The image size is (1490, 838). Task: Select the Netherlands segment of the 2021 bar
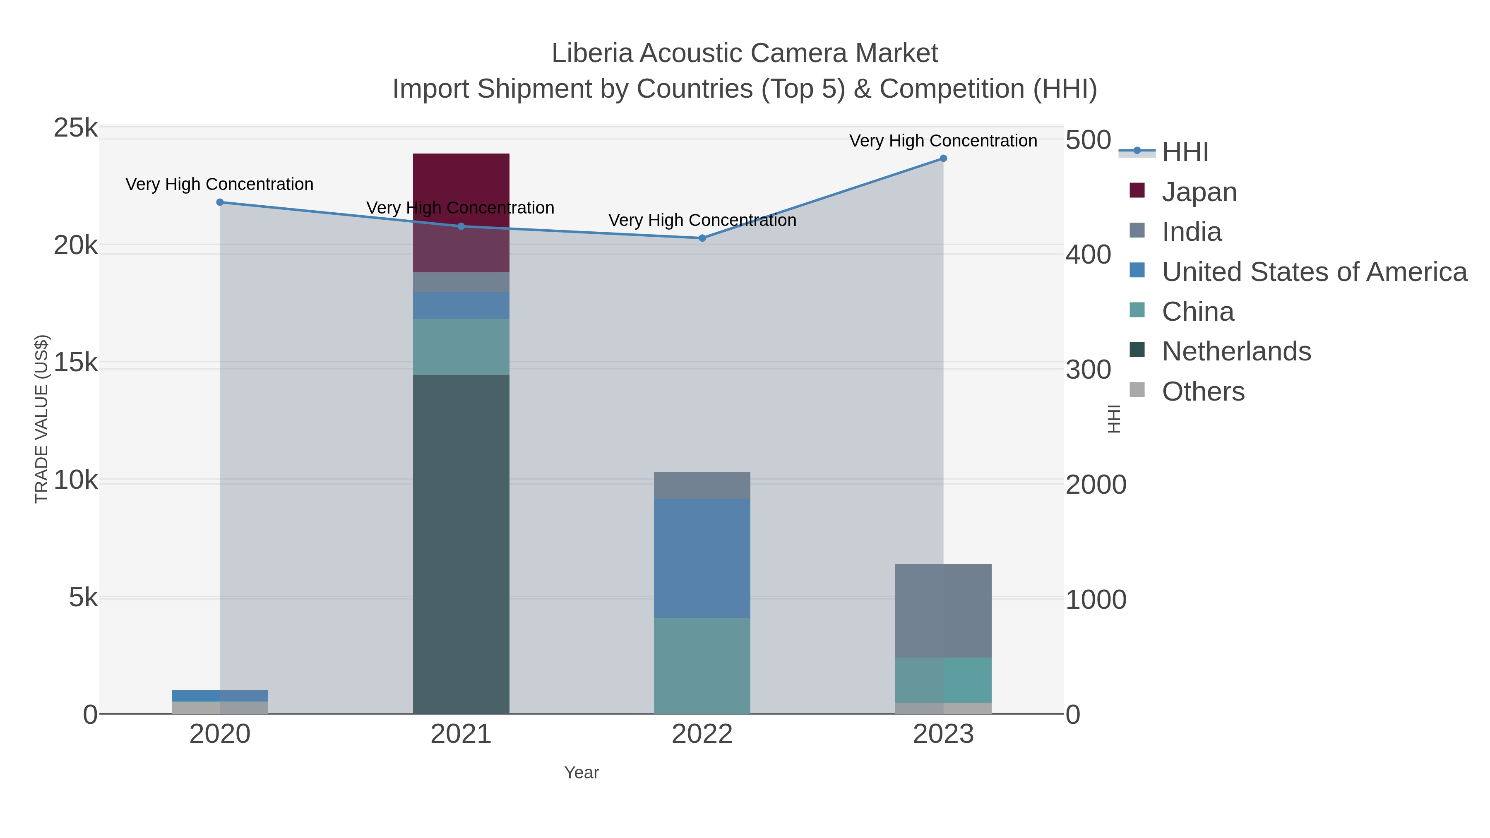point(461,544)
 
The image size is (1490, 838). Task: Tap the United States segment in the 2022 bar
point(702,558)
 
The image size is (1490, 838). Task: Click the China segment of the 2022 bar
point(702,665)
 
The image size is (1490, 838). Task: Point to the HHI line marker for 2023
point(943,158)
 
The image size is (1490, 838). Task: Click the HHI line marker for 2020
point(220,202)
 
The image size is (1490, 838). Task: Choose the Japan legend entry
point(1199,192)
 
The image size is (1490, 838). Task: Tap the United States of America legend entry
point(1314,272)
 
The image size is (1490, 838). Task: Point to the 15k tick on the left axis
point(76,363)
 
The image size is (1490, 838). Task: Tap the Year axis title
point(582,773)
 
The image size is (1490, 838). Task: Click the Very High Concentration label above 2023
point(943,141)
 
